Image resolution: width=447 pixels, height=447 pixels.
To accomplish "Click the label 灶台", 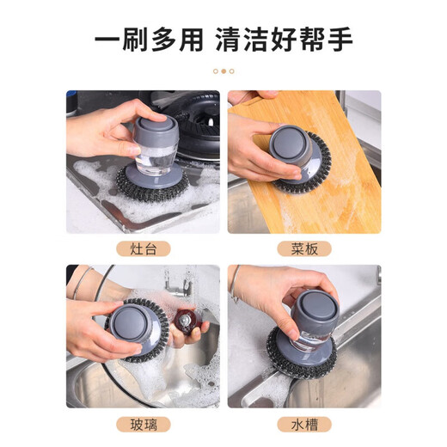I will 144,249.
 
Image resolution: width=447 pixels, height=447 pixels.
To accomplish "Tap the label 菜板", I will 303,249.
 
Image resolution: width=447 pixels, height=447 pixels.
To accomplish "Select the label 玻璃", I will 144,424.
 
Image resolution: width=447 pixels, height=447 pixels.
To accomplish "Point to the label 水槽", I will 303,424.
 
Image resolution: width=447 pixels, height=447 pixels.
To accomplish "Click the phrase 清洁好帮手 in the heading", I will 295,40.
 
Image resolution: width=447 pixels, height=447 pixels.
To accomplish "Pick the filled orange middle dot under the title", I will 223,71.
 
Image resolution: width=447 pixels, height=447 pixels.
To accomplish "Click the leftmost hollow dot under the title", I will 215,71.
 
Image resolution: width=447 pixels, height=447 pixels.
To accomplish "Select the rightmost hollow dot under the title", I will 232,71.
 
